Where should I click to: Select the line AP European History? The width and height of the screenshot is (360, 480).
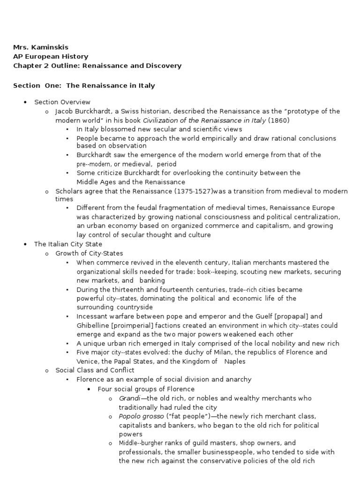(x=50, y=57)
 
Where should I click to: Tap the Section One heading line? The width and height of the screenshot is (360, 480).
(x=84, y=86)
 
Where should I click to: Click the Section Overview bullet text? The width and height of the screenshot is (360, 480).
(x=62, y=102)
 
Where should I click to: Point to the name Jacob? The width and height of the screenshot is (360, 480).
(x=65, y=111)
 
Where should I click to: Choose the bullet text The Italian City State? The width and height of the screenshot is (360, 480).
(x=68, y=244)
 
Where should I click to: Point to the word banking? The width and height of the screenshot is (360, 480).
(x=152, y=280)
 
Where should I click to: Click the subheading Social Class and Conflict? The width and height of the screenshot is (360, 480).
(x=95, y=370)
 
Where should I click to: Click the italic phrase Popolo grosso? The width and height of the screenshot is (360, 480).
(x=141, y=416)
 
